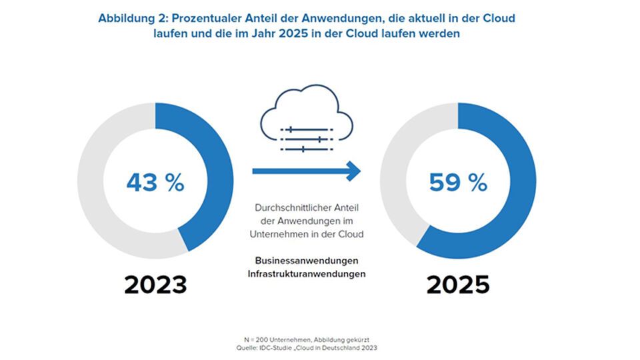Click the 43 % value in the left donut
point(155,181)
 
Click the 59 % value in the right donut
point(458,182)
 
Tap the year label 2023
point(155,285)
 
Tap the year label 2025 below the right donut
point(458,285)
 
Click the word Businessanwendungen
point(310,260)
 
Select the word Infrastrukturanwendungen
point(310,273)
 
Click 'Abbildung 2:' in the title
point(131,19)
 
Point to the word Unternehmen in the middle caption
point(279,234)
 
